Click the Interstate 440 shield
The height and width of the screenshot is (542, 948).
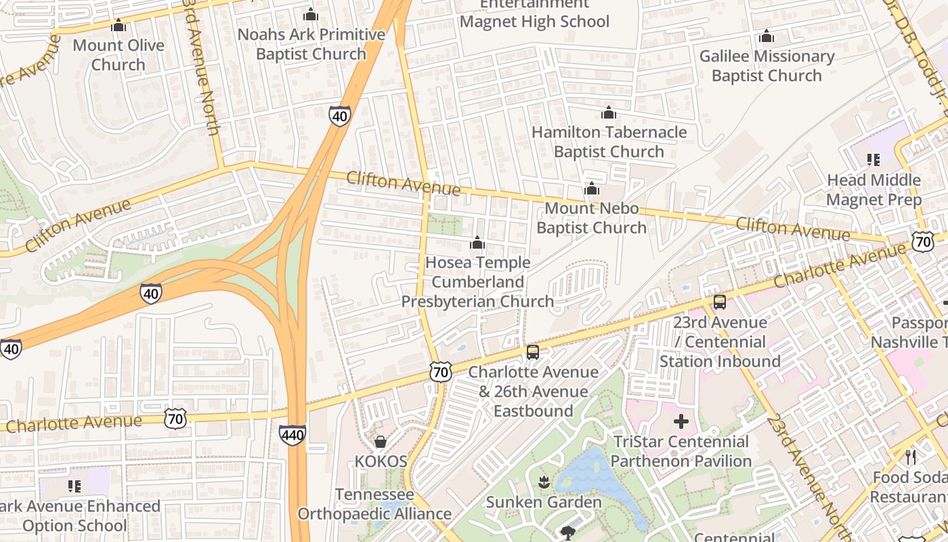click(292, 435)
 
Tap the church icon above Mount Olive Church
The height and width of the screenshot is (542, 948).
click(118, 26)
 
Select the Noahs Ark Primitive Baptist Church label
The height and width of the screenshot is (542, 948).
click(311, 44)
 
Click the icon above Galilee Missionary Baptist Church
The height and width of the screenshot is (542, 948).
click(766, 37)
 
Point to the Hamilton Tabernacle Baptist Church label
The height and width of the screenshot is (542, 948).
click(609, 142)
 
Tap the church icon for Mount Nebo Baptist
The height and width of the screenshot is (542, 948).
click(592, 188)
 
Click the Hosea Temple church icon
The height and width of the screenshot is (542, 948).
click(477, 243)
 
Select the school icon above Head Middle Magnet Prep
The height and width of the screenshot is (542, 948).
click(874, 160)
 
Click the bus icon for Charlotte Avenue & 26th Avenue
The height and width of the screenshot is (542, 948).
click(533, 352)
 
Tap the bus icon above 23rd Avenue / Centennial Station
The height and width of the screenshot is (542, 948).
click(719, 302)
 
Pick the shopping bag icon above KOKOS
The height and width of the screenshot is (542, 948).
click(381, 442)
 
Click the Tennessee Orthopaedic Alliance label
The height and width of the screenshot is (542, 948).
click(374, 504)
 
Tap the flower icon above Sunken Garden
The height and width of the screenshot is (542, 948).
click(543, 482)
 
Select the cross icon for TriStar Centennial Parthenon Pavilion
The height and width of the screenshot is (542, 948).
click(681, 422)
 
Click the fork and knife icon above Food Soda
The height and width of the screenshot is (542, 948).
click(911, 457)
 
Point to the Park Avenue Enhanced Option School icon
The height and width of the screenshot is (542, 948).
click(74, 486)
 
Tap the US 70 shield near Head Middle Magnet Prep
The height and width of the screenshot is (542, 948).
click(922, 241)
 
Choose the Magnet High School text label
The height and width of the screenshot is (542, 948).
click(534, 21)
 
